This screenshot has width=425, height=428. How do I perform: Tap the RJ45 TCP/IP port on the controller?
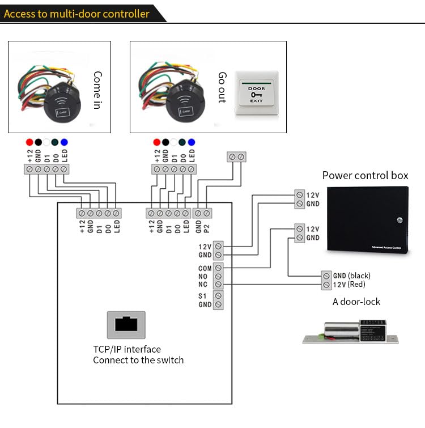(126, 325)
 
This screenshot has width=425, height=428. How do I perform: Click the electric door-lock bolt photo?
(350, 332)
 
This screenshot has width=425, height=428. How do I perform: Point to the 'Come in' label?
(97, 90)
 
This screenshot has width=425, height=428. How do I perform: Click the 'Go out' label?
(222, 87)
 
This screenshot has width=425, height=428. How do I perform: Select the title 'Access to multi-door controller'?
(77, 13)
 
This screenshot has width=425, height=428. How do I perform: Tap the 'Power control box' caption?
(365, 175)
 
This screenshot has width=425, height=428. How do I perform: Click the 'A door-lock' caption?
(356, 302)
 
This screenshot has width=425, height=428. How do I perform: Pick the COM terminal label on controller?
(205, 268)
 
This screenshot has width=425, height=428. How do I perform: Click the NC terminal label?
(203, 285)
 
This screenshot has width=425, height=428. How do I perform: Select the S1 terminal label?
(203, 296)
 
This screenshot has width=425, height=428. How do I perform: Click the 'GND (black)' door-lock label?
(351, 276)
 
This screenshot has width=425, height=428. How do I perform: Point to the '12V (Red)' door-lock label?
(348, 284)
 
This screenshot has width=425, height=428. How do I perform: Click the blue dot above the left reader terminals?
(64, 142)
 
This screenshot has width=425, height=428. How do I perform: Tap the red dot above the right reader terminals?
(156, 142)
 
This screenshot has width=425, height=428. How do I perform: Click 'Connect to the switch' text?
(138, 360)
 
